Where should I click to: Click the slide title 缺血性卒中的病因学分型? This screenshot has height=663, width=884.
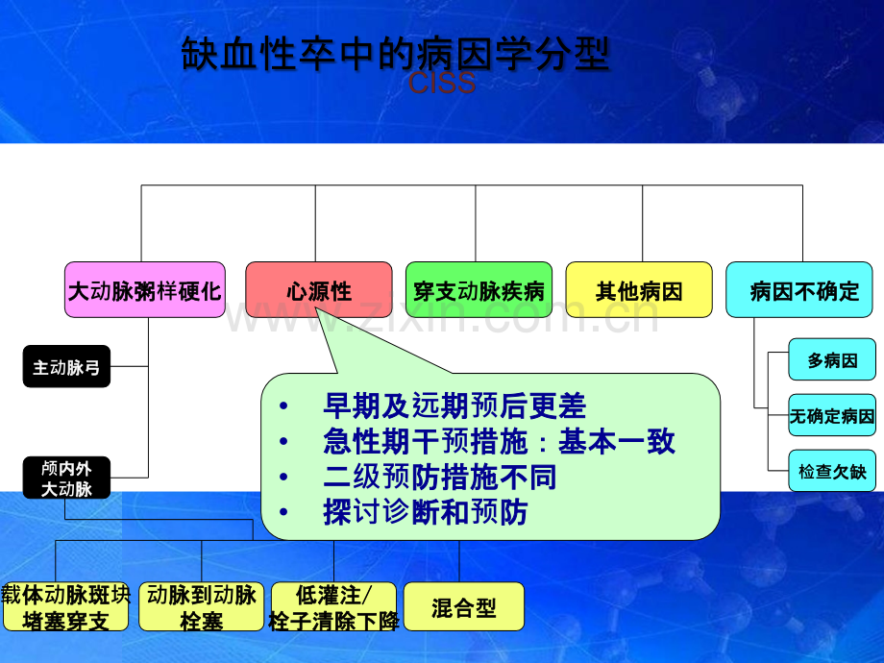(x=395, y=55)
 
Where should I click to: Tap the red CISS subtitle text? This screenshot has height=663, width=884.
(x=442, y=85)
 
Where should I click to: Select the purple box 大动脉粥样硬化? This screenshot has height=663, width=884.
(x=145, y=290)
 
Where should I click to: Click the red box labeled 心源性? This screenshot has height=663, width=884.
(x=319, y=290)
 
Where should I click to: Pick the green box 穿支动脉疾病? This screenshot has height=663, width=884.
(x=479, y=290)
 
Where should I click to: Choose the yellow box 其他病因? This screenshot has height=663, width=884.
(x=639, y=290)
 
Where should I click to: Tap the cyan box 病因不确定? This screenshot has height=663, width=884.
(x=799, y=290)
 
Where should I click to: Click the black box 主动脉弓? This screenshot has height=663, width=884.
(x=66, y=367)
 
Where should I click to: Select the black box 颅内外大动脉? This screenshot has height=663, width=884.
(x=66, y=478)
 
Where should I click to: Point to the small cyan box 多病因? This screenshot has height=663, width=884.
(x=832, y=361)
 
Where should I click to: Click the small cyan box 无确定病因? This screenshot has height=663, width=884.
(x=832, y=416)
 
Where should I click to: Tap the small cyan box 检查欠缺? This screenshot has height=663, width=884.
(x=832, y=472)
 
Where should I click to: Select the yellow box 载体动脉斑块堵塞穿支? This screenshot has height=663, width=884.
(x=65, y=607)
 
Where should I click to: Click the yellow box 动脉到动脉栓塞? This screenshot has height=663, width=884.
(x=201, y=607)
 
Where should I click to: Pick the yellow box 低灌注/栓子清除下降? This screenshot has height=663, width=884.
(x=334, y=607)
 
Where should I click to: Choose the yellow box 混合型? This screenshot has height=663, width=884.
(x=464, y=607)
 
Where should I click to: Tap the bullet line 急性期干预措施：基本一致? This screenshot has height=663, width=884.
(x=499, y=441)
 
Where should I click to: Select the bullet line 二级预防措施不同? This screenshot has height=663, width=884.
(x=440, y=477)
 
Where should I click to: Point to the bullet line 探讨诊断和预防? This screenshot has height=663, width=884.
(x=426, y=512)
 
